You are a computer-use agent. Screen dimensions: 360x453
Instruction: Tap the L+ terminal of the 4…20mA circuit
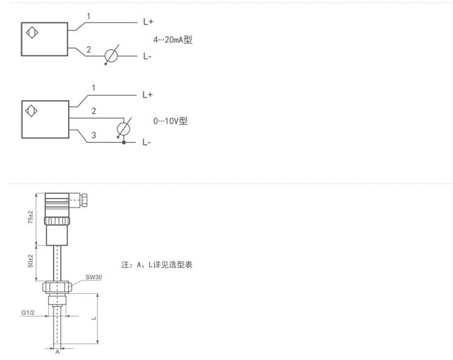pyautogui.click(x=148, y=22)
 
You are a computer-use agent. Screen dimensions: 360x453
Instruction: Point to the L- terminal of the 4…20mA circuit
pyautogui.click(x=147, y=56)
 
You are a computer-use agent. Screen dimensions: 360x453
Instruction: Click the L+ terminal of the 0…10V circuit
pyautogui.click(x=148, y=95)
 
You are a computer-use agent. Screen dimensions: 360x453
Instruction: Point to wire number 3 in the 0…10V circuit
pyautogui.click(x=93, y=136)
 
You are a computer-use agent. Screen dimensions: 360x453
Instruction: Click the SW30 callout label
pyautogui.click(x=93, y=277)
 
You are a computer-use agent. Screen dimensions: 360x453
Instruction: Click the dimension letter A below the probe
pyautogui.click(x=58, y=352)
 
